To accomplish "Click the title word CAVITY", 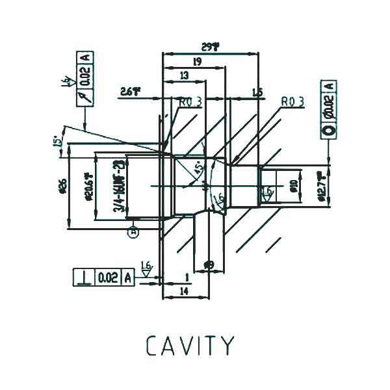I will [190, 345].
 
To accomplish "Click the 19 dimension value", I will [196, 61].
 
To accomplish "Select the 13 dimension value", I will [185, 76].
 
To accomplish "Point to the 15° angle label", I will [57, 140].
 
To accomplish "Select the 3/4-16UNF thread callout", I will [119, 187].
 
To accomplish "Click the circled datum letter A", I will [134, 230].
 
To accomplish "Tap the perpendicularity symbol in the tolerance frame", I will [83, 278].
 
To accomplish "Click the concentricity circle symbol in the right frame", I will [329, 129].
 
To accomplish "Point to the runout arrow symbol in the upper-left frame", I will [83, 96].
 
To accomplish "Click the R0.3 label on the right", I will [293, 102].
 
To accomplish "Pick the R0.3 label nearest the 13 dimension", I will [190, 102].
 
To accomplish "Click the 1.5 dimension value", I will [257, 93].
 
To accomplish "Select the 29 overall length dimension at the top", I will [209, 47].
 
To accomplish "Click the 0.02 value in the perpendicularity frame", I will [108, 278].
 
